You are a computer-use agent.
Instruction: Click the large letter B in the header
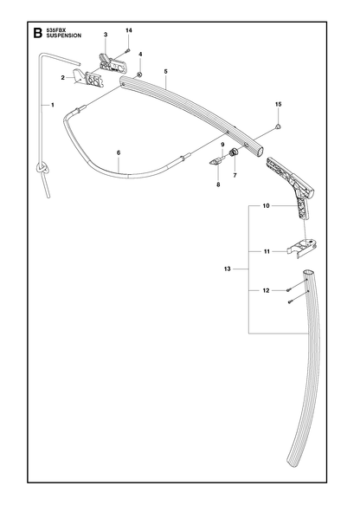pyautogui.click(x=37, y=33)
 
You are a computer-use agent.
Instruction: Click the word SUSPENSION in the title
pyautogui.click(x=64, y=36)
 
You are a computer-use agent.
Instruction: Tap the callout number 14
pyautogui.click(x=129, y=30)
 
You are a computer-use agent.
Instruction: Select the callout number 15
pyautogui.click(x=279, y=104)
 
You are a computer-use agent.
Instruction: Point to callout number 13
pyautogui.click(x=227, y=269)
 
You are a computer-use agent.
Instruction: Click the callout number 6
pyautogui.click(x=119, y=152)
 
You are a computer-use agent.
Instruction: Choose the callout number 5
pyautogui.click(x=165, y=72)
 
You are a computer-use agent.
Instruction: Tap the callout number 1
pyautogui.click(x=53, y=105)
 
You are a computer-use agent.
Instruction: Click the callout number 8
pyautogui.click(x=218, y=185)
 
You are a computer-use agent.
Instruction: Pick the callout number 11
pyautogui.click(x=267, y=251)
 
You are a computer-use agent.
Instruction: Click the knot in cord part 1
pyautogui.click(x=43, y=168)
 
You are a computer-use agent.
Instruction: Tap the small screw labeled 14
pyautogui.click(x=128, y=50)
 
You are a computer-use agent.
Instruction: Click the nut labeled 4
pyautogui.click(x=139, y=74)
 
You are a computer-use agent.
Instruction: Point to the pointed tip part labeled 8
pyautogui.click(x=213, y=162)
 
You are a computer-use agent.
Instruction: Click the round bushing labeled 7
pyautogui.click(x=234, y=151)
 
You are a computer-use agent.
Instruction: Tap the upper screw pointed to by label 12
pyautogui.click(x=288, y=290)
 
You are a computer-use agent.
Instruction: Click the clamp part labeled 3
pyautogui.click(x=112, y=62)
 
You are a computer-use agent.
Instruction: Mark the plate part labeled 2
pyautogui.click(x=87, y=78)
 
